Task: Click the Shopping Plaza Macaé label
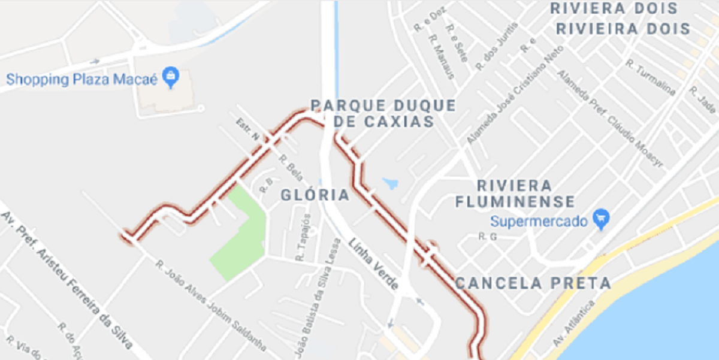click(x=81, y=79)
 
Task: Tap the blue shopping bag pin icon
click(x=171, y=77)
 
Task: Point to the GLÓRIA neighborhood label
click(x=315, y=195)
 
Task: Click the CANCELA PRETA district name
click(x=533, y=283)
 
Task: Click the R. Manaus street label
click(x=440, y=57)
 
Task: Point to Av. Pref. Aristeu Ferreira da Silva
click(x=66, y=281)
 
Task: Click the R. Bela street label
click(x=291, y=168)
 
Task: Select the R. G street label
click(x=488, y=237)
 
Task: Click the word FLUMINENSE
click(x=515, y=201)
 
